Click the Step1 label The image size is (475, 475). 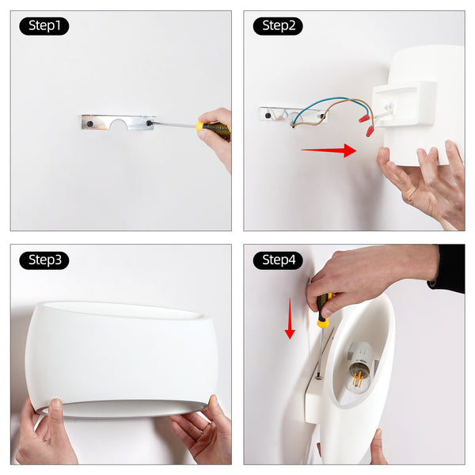click(x=44, y=26)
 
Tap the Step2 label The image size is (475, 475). click(x=278, y=26)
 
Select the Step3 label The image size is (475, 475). click(x=44, y=260)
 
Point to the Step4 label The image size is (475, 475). click(x=278, y=260)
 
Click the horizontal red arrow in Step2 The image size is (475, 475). click(x=329, y=150)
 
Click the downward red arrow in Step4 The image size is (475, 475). click(x=290, y=318)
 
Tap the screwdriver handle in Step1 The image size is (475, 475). click(x=213, y=129)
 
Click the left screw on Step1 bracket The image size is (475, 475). click(x=90, y=124)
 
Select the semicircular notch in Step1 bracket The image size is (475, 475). click(x=118, y=124)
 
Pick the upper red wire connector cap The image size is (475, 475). click(x=364, y=118)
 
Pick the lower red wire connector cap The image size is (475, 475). click(x=370, y=131)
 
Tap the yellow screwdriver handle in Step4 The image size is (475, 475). click(x=323, y=310)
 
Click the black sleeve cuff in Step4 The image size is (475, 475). click(x=447, y=268)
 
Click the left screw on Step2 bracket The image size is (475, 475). click(x=268, y=116)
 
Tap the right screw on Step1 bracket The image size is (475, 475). click(x=149, y=123)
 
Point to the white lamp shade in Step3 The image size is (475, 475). click(x=121, y=359)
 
